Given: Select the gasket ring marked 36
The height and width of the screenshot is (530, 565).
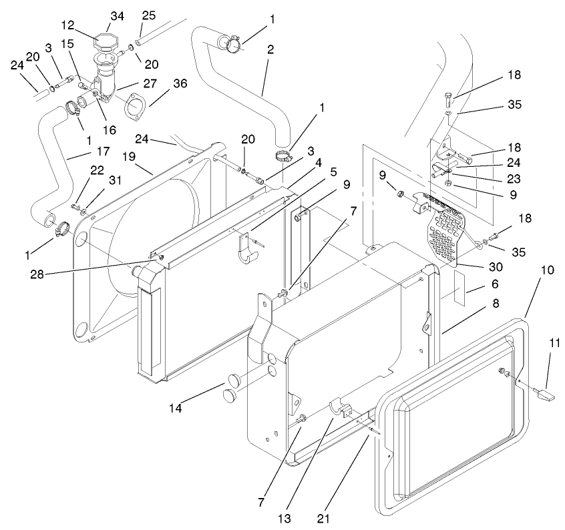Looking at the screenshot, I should [135, 106].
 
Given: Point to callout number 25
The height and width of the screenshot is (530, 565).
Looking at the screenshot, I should [148, 15].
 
